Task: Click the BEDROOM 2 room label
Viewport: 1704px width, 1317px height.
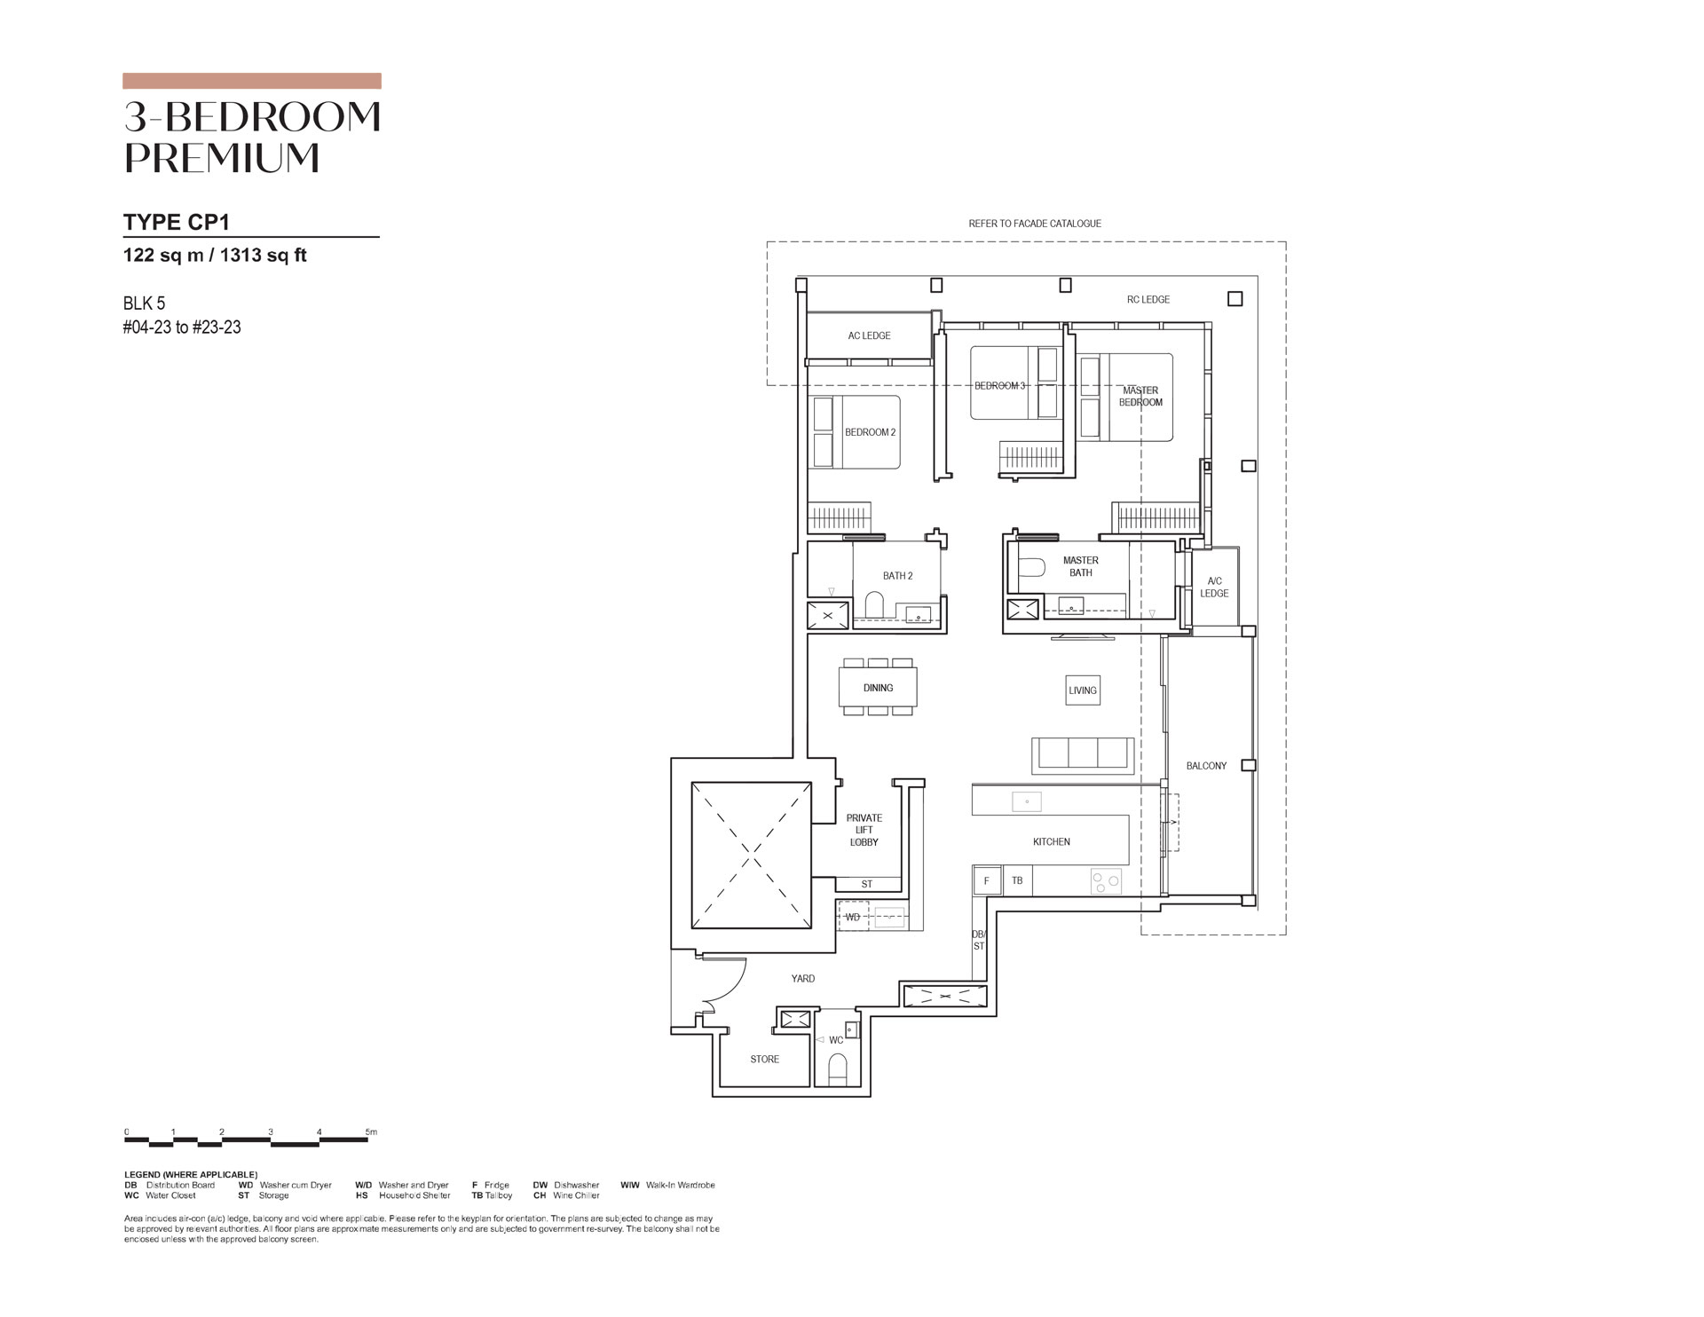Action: pyautogui.click(x=870, y=432)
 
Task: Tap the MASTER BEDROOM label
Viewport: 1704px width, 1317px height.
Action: pyautogui.click(x=1140, y=396)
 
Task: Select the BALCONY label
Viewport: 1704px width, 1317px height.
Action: pyautogui.click(x=1206, y=766)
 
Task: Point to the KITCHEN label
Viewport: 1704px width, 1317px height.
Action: pyautogui.click(x=1052, y=841)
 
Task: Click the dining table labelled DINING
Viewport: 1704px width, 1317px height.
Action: pyautogui.click(x=878, y=687)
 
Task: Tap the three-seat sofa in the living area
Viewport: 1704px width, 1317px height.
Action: pyautogui.click(x=1083, y=755)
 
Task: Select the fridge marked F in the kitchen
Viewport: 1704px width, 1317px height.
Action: pyautogui.click(x=986, y=880)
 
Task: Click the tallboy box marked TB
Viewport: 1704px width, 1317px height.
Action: pyautogui.click(x=1017, y=880)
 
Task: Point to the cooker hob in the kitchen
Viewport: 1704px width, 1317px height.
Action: pyautogui.click(x=1106, y=881)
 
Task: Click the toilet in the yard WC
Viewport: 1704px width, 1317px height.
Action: pyautogui.click(x=838, y=1069)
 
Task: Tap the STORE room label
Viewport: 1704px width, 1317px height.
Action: pyautogui.click(x=764, y=1059)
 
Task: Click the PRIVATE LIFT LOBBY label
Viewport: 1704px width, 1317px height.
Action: pyautogui.click(x=864, y=830)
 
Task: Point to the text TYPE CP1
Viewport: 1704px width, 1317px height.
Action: pyautogui.click(x=177, y=221)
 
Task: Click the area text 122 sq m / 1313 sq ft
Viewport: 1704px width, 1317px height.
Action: pyautogui.click(x=215, y=256)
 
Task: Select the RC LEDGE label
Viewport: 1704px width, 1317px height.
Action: pyautogui.click(x=1148, y=299)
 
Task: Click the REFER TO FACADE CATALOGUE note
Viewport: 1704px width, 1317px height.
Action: pyautogui.click(x=1035, y=224)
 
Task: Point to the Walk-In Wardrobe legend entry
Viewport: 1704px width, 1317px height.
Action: pyautogui.click(x=667, y=1185)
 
